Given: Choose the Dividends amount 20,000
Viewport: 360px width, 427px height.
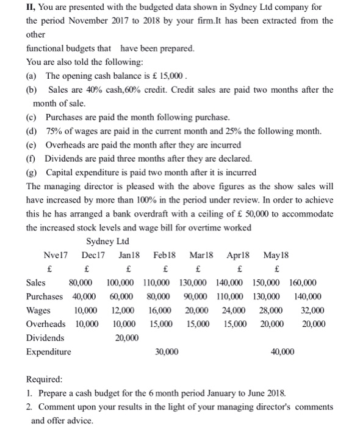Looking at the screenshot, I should point(128,337).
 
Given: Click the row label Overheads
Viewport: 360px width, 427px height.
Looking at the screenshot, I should point(46,324).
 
